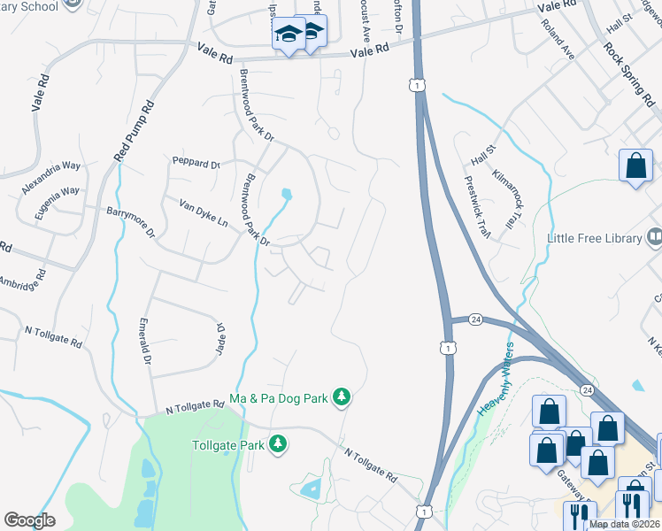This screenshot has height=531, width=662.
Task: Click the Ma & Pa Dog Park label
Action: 279,399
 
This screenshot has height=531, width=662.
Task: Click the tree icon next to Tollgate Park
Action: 279,443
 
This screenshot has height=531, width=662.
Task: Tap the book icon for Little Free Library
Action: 654,236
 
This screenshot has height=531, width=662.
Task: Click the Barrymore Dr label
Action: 130,223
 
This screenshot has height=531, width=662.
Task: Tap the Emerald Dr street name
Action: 146,341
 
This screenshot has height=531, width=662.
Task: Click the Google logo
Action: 29,520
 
